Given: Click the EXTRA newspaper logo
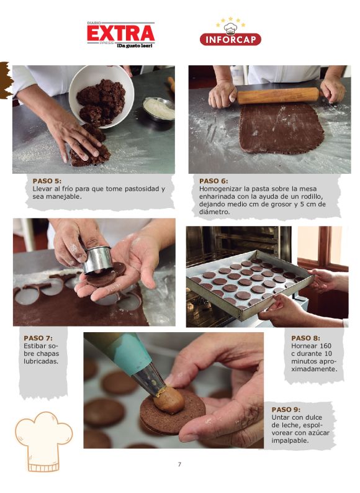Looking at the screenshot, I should click(x=120, y=34).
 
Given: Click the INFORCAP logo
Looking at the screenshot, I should click(x=230, y=34).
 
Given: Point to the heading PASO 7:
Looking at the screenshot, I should click(x=38, y=338).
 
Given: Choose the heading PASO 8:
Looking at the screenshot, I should click(x=305, y=338).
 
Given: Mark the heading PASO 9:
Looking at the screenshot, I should click(x=286, y=409).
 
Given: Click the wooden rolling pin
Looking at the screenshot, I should click(x=277, y=96).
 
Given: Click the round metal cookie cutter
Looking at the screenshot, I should click(x=97, y=260).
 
